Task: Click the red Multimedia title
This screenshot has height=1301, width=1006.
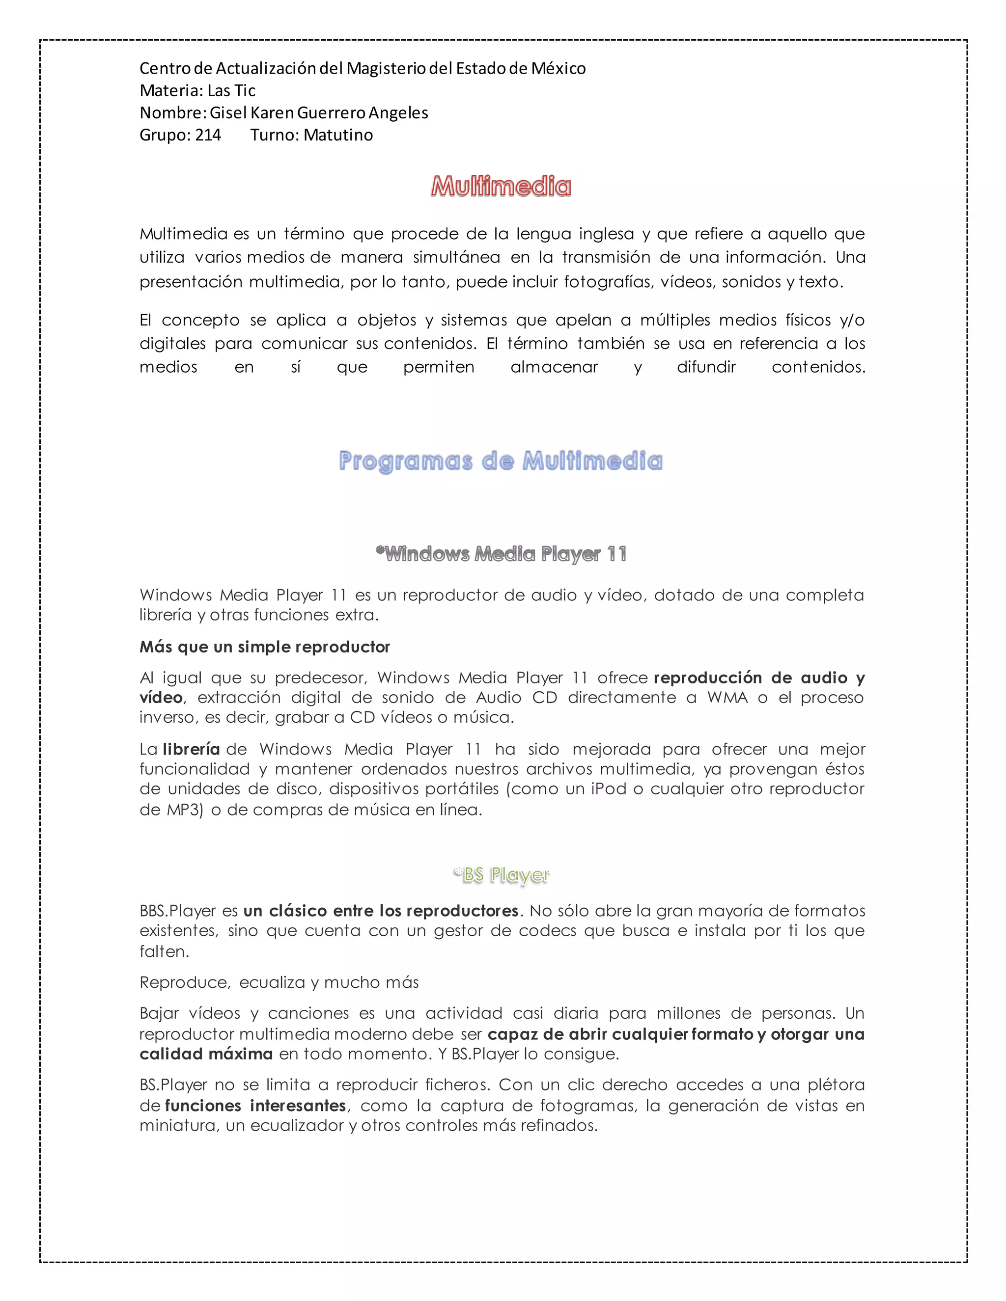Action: (501, 187)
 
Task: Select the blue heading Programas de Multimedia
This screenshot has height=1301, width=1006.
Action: (501, 461)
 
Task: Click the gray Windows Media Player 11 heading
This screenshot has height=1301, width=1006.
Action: (501, 554)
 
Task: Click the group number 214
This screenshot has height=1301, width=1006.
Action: (208, 135)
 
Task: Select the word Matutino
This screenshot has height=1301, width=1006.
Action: (338, 135)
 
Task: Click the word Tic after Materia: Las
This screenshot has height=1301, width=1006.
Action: (245, 90)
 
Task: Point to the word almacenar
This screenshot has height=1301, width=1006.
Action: (554, 367)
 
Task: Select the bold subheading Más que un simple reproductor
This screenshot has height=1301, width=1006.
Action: (265, 647)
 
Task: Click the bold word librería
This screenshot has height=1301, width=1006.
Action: (191, 749)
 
